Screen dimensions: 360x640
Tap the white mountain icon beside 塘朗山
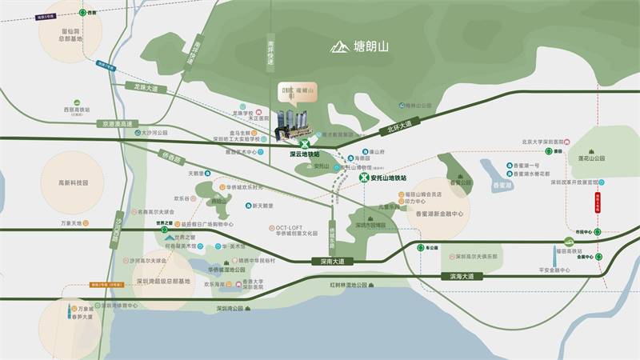click(x=339, y=47)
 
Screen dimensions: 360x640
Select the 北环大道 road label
click(x=398, y=126)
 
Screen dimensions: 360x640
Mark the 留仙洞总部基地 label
click(x=70, y=34)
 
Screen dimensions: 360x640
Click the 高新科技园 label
click(x=72, y=182)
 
